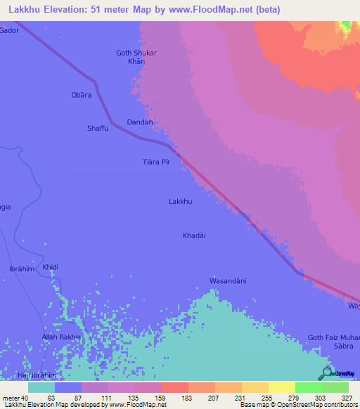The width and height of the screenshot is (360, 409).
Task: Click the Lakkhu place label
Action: [181, 202]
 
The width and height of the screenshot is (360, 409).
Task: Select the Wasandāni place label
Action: [228, 281]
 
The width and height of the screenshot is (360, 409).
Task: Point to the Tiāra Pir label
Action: [157, 162]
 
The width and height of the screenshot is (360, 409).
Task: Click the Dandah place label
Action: [139, 122]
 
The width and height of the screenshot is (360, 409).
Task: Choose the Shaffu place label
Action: [98, 128]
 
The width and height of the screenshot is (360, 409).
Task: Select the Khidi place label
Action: [51, 268]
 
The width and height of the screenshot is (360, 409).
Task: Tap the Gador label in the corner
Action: [9, 31]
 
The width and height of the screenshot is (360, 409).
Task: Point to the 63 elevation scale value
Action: [51, 398]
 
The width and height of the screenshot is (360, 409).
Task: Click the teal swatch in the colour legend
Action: [41, 387]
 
